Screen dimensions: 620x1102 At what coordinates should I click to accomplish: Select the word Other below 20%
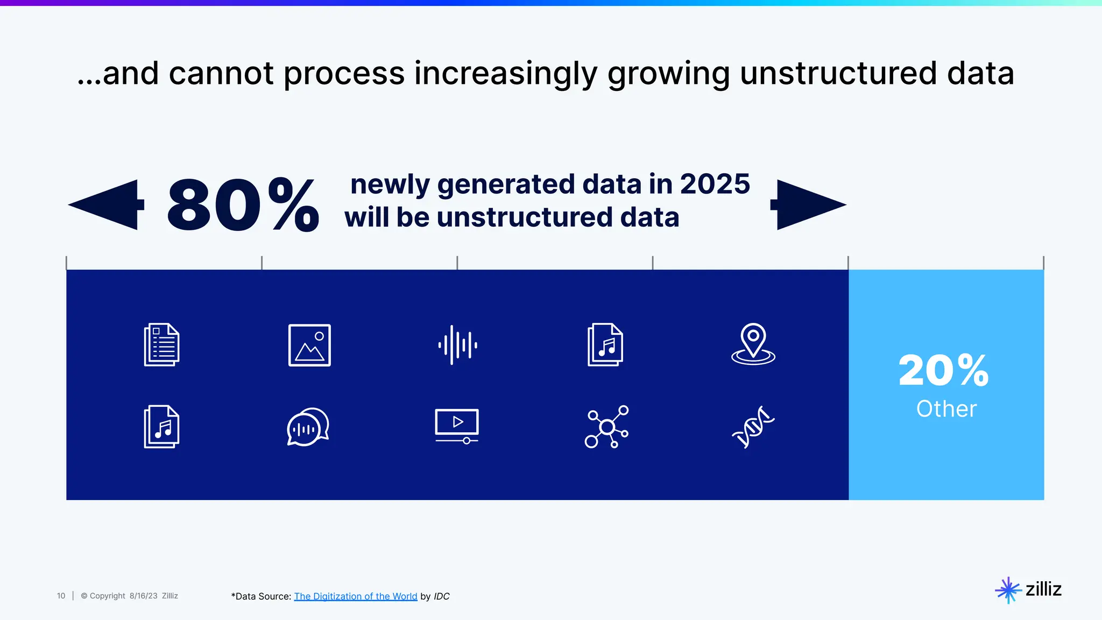point(946,409)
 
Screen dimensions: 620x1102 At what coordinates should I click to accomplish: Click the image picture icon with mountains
point(309,345)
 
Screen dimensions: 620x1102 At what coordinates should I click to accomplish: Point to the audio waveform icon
point(457,345)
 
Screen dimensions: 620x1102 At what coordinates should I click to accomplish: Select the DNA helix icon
point(753,427)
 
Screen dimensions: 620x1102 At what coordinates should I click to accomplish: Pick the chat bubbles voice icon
point(308,427)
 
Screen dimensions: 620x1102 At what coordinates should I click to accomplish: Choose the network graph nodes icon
point(606,427)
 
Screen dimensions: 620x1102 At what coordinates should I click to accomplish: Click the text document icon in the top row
point(161,345)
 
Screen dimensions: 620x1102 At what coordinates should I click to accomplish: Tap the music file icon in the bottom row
point(161,427)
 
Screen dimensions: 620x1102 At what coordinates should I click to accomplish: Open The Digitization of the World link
point(355,596)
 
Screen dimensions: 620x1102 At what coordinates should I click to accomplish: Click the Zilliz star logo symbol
point(1008,590)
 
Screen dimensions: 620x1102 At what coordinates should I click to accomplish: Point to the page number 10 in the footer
point(61,596)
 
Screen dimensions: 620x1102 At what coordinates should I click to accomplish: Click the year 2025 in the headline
point(715,184)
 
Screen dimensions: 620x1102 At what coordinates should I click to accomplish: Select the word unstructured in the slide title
point(838,73)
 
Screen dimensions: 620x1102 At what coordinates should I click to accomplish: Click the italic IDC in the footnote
point(441,596)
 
